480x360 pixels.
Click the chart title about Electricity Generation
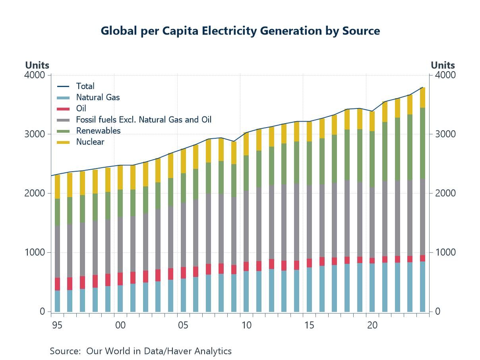click(x=240, y=31)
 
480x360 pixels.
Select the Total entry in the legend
click(x=85, y=86)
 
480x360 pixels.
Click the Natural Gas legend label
click(x=98, y=97)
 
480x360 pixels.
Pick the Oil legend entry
click(x=81, y=108)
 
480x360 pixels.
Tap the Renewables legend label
click(x=98, y=130)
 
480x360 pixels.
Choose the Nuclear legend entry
click(x=90, y=141)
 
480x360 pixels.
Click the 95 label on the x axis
click(x=57, y=325)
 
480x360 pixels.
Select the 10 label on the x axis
click(x=246, y=325)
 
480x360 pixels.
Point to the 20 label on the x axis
click(x=372, y=325)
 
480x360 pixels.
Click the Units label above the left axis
click(x=37, y=65)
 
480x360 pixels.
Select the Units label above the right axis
click(x=443, y=65)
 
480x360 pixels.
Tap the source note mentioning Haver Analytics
click(x=141, y=351)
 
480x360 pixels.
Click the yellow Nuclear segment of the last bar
click(x=423, y=97)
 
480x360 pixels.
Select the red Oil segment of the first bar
click(x=58, y=284)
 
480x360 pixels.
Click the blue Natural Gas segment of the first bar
click(x=58, y=301)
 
